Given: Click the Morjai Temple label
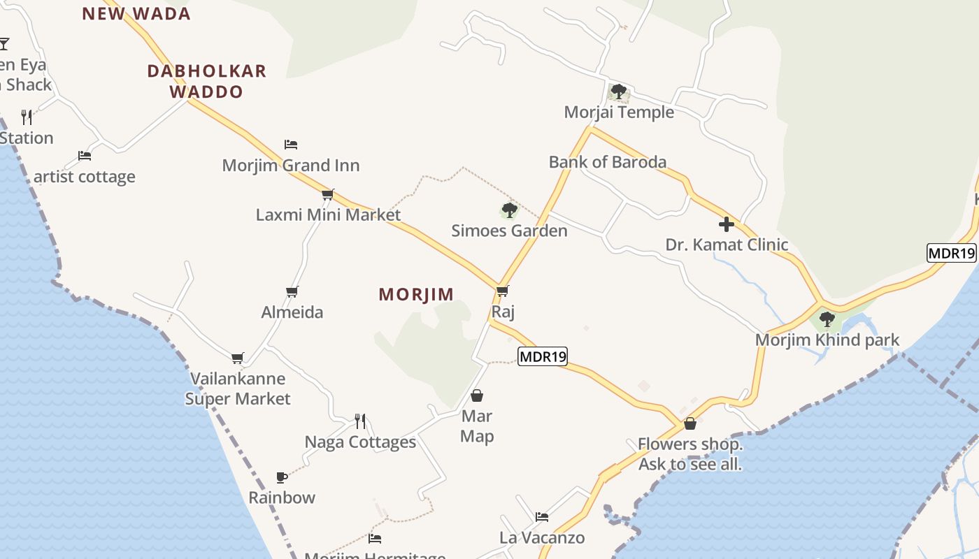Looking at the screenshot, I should coord(619,112).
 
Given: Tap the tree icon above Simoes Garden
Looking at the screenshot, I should coord(509,210).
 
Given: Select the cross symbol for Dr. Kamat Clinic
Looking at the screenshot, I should coord(727,224).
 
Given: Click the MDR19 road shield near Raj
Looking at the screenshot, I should coord(543,356).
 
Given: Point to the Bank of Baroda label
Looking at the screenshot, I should coord(607,162).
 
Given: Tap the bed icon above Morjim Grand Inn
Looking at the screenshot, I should coord(291,145).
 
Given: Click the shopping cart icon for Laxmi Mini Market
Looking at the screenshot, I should coord(327,194).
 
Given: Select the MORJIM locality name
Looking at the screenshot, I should coord(416,294).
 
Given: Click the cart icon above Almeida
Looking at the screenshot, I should coord(292,291).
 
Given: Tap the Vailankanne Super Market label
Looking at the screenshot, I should coord(238,389).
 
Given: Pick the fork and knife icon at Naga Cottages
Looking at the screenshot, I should coord(360,421).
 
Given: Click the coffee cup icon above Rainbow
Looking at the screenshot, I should coord(281,478).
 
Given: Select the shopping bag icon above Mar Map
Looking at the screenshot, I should coord(477,395).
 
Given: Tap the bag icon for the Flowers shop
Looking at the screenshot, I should coord(689,423).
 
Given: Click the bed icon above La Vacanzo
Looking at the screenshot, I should coord(542,517).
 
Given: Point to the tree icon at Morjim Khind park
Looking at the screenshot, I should coord(827,319).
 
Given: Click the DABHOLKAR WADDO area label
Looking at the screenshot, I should coord(207,81).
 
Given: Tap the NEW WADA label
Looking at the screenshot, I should coord(136,14).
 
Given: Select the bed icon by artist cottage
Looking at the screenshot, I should coord(85,156).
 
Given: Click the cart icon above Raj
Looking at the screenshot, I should coord(502,291).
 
